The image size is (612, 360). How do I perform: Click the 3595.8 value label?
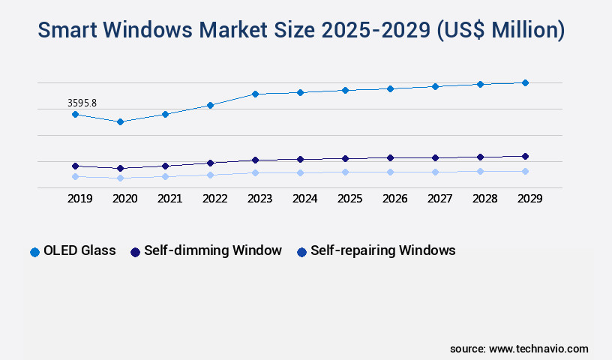point(82,103)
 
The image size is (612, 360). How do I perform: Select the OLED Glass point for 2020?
point(120,121)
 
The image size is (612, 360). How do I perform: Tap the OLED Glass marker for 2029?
point(525,82)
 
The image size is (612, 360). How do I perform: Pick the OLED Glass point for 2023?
point(255,94)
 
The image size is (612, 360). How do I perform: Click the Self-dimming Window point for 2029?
point(525,156)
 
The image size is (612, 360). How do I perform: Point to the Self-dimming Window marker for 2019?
point(75,166)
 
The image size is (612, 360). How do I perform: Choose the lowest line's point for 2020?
point(120,178)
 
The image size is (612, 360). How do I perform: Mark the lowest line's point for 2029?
point(525,171)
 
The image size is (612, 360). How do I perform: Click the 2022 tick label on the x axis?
point(214,199)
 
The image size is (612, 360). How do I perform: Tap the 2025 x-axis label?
point(349,199)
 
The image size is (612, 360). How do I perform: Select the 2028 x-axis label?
point(484,199)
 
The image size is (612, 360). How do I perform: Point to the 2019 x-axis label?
point(79,199)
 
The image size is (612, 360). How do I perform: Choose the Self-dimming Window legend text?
point(213,250)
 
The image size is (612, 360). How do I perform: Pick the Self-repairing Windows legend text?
point(382,250)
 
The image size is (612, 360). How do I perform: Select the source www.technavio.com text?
point(519,349)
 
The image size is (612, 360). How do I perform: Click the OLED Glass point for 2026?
point(390,88)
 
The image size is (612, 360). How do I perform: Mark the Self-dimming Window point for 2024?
point(300,159)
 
